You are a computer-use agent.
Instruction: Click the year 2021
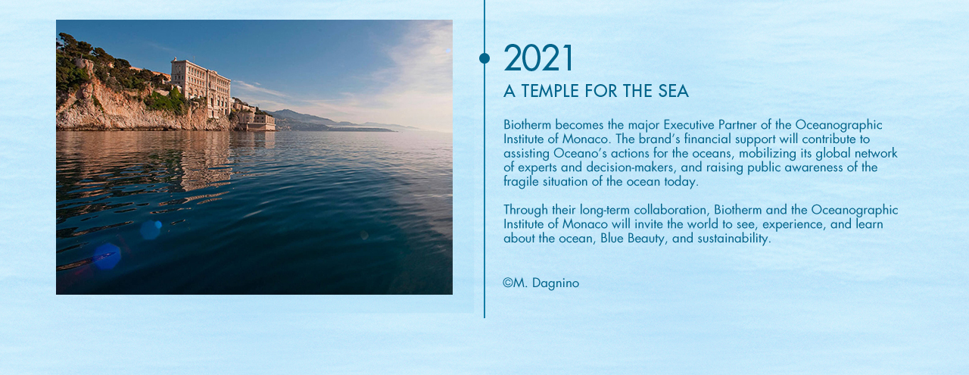click(x=538, y=58)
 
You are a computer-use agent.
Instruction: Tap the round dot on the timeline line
click(x=484, y=58)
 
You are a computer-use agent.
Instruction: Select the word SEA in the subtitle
click(x=674, y=91)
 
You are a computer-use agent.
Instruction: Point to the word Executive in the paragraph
click(x=689, y=125)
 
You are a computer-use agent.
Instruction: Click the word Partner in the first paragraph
click(x=737, y=125)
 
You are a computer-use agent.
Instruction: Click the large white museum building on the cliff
click(x=201, y=86)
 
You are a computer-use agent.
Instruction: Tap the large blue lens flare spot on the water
click(x=107, y=256)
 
